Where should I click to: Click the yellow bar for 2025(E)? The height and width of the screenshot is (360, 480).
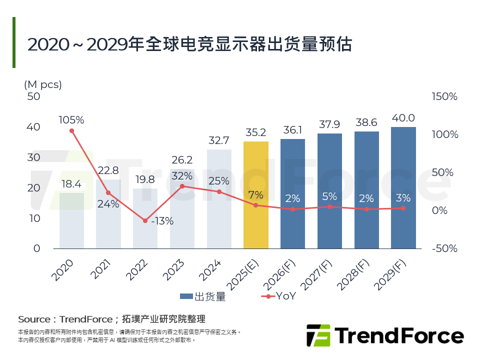(255, 195)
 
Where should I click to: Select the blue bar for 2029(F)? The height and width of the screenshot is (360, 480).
(403, 187)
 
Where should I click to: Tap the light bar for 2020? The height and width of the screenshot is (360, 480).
(71, 220)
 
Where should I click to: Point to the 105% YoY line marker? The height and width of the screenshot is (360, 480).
(71, 131)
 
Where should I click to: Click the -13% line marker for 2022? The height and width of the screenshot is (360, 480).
(145, 220)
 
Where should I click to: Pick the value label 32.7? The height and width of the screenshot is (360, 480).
(218, 140)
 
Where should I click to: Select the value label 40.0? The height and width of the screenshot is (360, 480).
(403, 118)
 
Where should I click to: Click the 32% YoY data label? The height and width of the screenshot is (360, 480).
(182, 176)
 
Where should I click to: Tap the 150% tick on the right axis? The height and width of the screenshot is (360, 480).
(444, 96)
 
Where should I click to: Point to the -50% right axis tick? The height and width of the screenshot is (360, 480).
(444, 248)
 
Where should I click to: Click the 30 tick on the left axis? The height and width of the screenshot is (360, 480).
(33, 157)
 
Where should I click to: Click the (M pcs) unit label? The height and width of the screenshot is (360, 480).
(43, 84)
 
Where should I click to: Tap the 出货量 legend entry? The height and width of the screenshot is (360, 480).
(203, 296)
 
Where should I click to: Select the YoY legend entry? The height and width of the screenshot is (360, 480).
(278, 296)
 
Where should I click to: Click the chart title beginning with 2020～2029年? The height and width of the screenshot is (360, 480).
(190, 44)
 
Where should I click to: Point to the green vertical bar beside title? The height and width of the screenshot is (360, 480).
(14, 42)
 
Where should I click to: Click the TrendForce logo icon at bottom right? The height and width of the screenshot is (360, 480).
(318, 335)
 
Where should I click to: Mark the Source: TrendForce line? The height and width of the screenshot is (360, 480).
(111, 319)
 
